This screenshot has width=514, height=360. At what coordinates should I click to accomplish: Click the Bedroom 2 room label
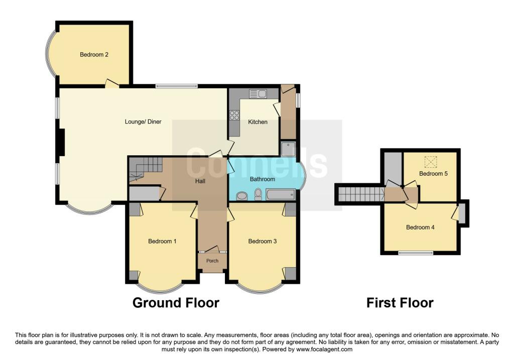[x=94, y=54]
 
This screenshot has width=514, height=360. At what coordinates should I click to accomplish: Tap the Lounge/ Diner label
[x=143, y=122]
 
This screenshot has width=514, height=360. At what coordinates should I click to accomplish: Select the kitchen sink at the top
[x=258, y=94]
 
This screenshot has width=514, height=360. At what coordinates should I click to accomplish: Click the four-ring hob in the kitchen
[x=234, y=115]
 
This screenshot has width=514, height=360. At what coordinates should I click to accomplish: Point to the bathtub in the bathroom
[x=281, y=194]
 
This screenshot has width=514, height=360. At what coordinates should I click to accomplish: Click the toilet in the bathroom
[x=259, y=194]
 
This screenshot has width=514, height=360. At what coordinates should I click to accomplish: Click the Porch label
[x=212, y=261]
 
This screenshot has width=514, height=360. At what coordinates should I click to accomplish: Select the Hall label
[x=200, y=181]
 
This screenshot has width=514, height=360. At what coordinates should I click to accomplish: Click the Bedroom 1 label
[x=162, y=242]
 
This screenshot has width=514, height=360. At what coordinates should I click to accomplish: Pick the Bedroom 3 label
[x=262, y=242]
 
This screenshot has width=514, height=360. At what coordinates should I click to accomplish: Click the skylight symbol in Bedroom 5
[x=431, y=162]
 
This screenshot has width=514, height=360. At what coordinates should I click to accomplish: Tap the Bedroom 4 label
[x=420, y=227]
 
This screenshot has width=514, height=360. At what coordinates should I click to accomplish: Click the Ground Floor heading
[x=176, y=303]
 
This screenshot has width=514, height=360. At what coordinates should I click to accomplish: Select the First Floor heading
[x=400, y=303]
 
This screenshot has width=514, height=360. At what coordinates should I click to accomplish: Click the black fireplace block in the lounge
[x=61, y=142]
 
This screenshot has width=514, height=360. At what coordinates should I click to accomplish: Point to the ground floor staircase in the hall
[x=146, y=169]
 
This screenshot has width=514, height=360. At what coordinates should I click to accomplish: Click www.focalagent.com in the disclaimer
[x=324, y=349]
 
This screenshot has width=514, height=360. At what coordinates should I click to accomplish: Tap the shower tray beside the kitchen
[x=288, y=149]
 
